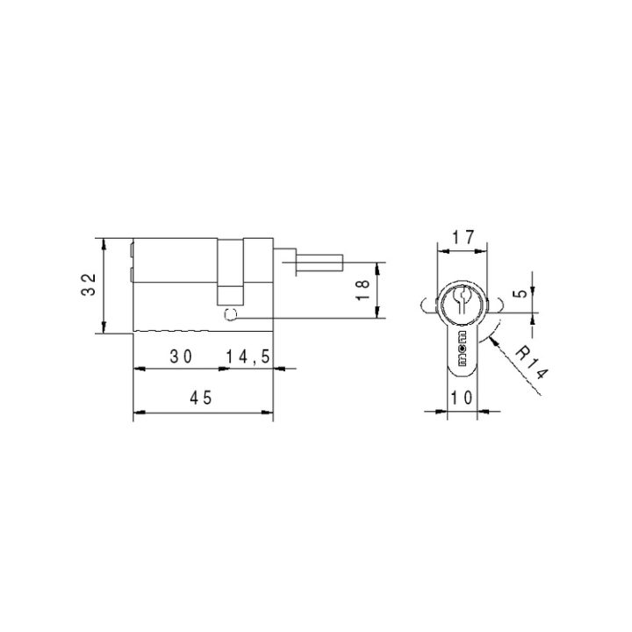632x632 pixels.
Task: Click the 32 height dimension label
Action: coord(89,284)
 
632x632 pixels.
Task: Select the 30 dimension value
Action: coord(181,356)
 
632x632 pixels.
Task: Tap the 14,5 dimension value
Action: coord(248,356)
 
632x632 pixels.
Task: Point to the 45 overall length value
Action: coord(201,399)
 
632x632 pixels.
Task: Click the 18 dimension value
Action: coord(363,290)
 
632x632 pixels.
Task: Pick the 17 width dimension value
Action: coord(463,237)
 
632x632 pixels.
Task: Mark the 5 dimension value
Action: coord(521,293)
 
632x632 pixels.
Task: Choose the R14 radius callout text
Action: coord(532,363)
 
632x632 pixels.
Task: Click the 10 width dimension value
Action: coord(462,398)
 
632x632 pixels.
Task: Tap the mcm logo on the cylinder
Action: coord(462,348)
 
